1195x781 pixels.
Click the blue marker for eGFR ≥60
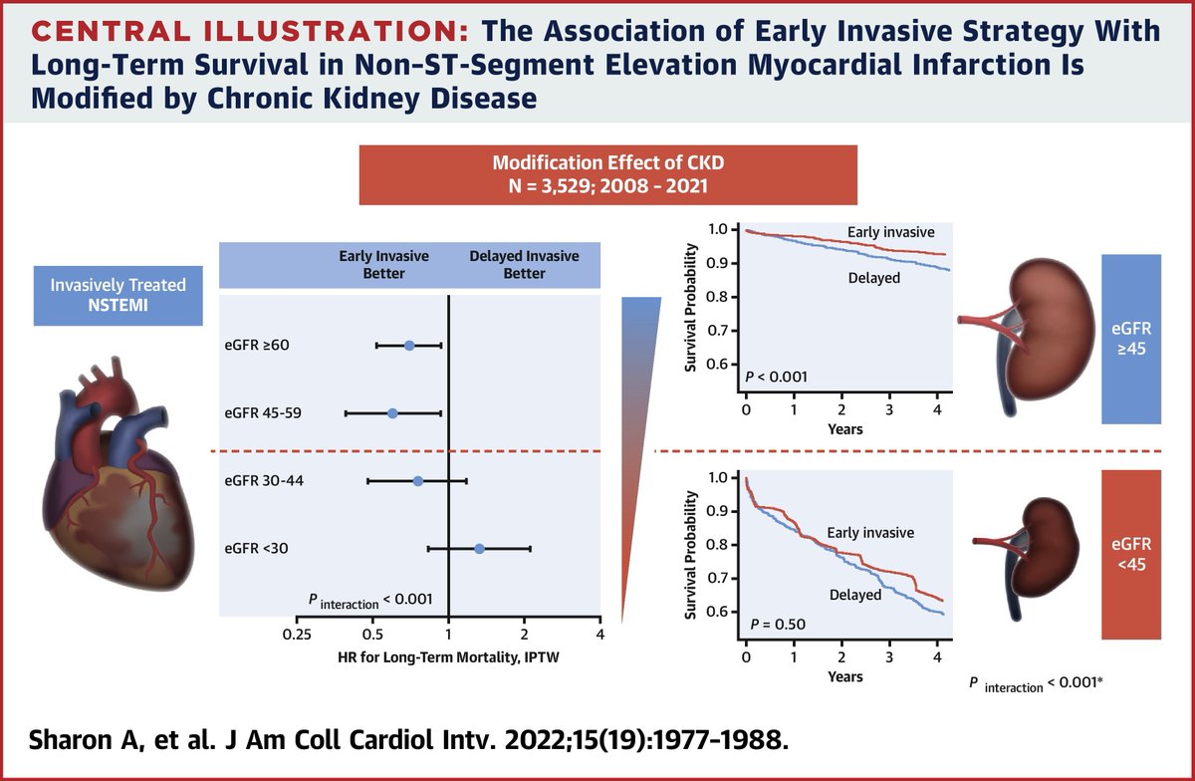(x=409, y=346)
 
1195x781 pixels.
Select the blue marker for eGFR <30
(x=479, y=548)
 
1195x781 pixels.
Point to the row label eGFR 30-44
(x=264, y=481)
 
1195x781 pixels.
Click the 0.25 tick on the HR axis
(x=297, y=634)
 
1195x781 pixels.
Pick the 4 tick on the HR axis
(x=599, y=634)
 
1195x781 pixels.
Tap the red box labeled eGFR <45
(x=1132, y=554)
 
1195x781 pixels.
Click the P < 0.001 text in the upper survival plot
(x=776, y=378)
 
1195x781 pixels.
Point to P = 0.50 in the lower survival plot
(x=772, y=626)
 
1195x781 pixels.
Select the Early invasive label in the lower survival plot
(x=869, y=533)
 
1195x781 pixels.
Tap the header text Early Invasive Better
(x=383, y=264)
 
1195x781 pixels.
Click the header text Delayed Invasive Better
(x=524, y=264)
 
